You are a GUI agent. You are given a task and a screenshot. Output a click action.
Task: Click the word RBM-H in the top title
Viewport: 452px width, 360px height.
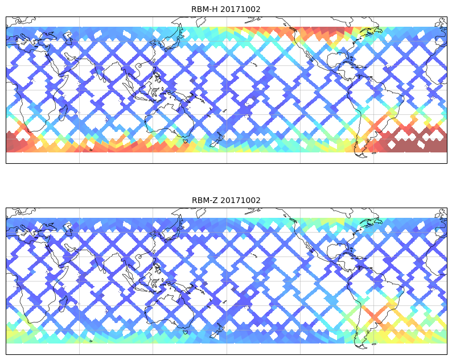[204, 9]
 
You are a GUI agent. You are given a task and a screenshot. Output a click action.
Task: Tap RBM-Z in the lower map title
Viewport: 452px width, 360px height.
[204, 200]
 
